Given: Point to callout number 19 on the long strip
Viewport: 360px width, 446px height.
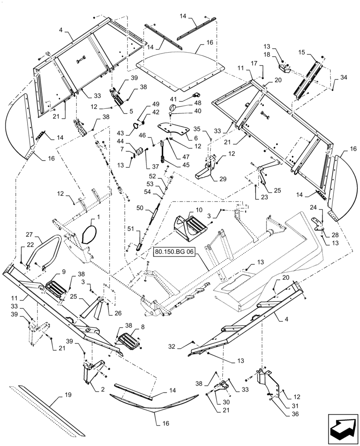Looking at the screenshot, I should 67,395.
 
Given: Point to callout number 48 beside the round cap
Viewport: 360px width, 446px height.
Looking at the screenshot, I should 186,103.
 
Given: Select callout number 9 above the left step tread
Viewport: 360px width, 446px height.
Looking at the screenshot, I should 63,271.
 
